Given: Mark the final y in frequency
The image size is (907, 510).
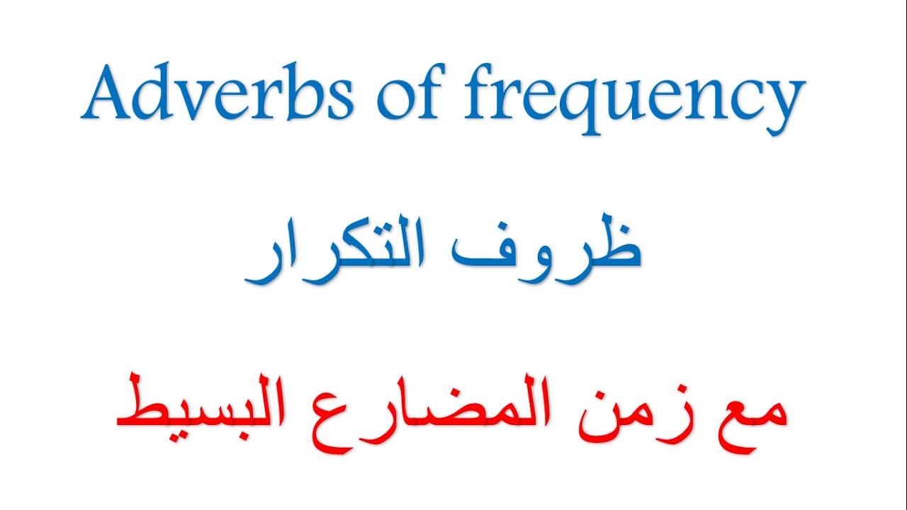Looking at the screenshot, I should click(x=784, y=106).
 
